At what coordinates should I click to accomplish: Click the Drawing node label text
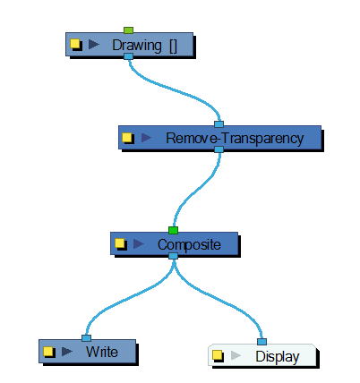pos(145,46)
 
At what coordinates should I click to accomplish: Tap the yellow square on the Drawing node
pos(75,44)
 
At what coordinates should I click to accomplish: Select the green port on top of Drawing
pos(128,30)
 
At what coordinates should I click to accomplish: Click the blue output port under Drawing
pos(128,56)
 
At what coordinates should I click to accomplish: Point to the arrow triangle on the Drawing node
pos(94,45)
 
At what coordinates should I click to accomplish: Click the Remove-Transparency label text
pos(235,139)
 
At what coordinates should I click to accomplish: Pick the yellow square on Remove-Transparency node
pos(127,138)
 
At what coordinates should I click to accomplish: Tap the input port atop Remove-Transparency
pos(219,124)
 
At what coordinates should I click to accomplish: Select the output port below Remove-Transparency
pos(219,149)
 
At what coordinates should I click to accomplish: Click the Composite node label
pos(189,245)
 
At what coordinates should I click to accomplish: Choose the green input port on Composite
pos(173,230)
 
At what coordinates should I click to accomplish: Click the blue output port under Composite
pos(173,256)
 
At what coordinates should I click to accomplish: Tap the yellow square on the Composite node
pos(120,243)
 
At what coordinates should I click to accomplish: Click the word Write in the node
pos(102,352)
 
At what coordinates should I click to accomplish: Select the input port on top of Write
pos(86,338)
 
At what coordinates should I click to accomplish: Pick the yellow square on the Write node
pos(47,352)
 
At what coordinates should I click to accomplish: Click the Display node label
pos(278,357)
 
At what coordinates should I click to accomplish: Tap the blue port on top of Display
pos(261,342)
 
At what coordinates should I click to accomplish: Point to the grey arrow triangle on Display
pos(236,355)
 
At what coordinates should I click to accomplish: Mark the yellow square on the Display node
pos(218,355)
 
